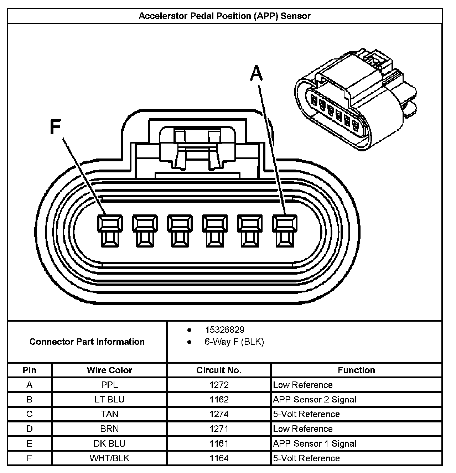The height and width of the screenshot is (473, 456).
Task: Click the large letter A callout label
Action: (x=256, y=73)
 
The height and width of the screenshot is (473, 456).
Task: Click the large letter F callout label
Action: (x=56, y=127)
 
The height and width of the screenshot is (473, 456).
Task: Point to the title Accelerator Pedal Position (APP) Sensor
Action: (x=224, y=16)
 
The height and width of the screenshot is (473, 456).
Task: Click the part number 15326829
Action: (x=224, y=330)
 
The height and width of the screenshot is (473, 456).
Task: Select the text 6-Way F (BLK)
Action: (x=234, y=342)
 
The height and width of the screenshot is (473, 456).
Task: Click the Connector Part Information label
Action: (x=87, y=342)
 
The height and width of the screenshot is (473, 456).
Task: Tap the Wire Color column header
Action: (x=109, y=370)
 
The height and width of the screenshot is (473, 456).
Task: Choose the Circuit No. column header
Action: (x=219, y=370)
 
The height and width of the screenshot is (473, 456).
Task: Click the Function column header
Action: (x=356, y=370)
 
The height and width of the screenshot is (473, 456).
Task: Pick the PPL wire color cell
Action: (x=109, y=385)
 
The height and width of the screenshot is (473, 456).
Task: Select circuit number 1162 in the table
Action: (x=219, y=400)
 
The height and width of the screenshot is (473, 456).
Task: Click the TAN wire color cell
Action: (x=109, y=414)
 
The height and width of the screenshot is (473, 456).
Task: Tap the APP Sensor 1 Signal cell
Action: (x=315, y=443)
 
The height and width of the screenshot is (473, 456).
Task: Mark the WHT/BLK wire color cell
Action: (x=109, y=458)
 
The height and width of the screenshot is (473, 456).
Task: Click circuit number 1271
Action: (x=219, y=429)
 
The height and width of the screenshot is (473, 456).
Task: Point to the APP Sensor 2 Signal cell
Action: (x=315, y=400)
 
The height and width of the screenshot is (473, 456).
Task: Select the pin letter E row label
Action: (x=30, y=443)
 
